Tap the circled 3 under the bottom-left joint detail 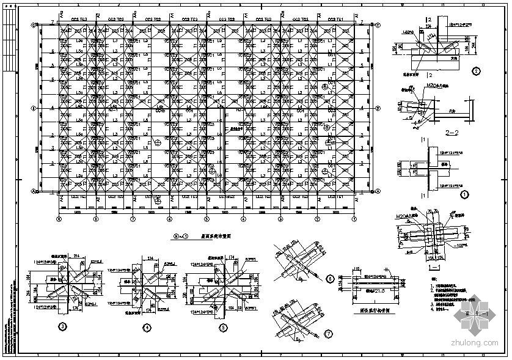[x=61, y=326]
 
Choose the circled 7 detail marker [x=330, y=333]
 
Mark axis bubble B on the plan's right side [x=378, y=108]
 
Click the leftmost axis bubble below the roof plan [x=59, y=218]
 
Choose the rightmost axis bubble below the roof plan [x=354, y=218]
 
